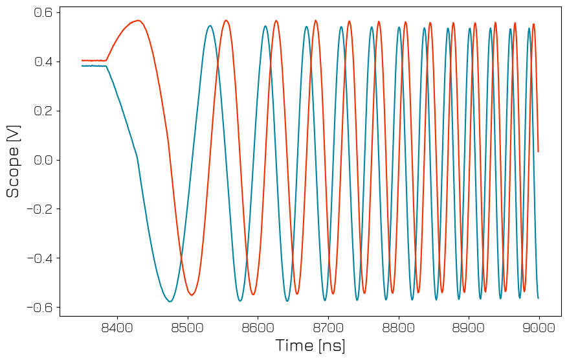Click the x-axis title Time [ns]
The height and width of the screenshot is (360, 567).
click(310, 345)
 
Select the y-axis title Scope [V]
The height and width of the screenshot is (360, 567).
click(13, 161)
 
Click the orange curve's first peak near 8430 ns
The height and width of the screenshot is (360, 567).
click(138, 21)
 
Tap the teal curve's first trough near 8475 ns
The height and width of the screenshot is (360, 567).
click(170, 302)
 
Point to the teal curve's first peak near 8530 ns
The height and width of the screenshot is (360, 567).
click(210, 26)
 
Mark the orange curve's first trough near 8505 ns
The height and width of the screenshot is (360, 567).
click(192, 295)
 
